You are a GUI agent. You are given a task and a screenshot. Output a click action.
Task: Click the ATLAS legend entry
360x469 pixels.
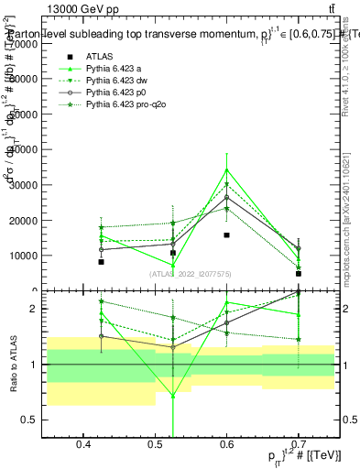coord(100,55)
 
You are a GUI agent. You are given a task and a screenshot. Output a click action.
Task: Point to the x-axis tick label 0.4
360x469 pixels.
coord(83,445)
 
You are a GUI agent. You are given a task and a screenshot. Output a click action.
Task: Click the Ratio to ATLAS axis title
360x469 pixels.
coord(12,365)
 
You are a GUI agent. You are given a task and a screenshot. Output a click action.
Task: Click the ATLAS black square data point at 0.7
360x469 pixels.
coord(298,274)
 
